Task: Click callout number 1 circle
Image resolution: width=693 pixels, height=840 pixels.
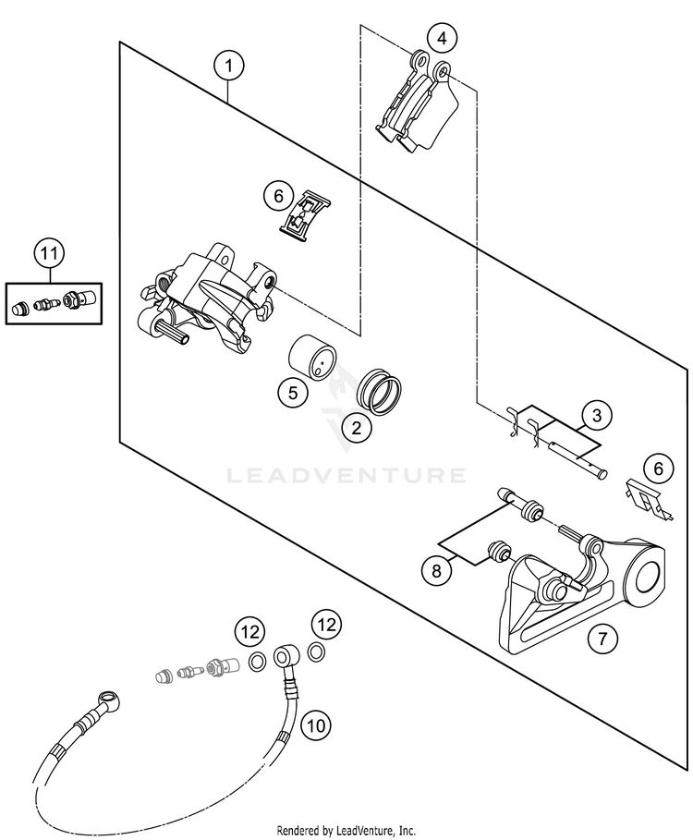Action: point(228,67)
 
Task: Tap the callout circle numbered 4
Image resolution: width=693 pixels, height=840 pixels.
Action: point(442,39)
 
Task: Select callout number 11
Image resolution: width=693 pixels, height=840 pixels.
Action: point(49,253)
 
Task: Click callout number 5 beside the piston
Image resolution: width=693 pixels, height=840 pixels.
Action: point(293,393)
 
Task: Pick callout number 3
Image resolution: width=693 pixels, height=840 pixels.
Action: point(597,415)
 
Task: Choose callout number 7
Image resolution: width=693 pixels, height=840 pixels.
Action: point(602,639)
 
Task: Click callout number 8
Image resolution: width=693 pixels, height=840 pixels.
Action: point(436,571)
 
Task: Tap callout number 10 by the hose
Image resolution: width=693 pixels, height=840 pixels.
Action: point(316,725)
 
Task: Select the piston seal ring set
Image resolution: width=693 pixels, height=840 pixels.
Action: point(379,392)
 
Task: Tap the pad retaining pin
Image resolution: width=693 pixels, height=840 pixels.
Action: point(577,458)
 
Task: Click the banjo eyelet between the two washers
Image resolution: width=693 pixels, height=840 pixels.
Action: point(285,656)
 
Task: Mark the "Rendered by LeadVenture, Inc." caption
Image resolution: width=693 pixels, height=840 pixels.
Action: point(346,831)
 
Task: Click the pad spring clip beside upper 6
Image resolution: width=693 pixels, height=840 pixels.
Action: point(305,218)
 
